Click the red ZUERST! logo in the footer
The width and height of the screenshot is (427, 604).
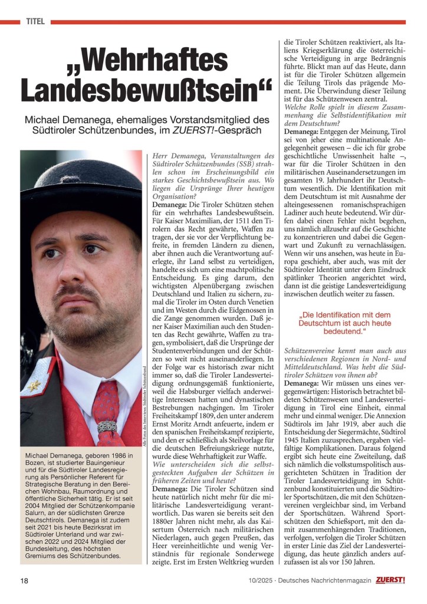(x=390, y=580)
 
